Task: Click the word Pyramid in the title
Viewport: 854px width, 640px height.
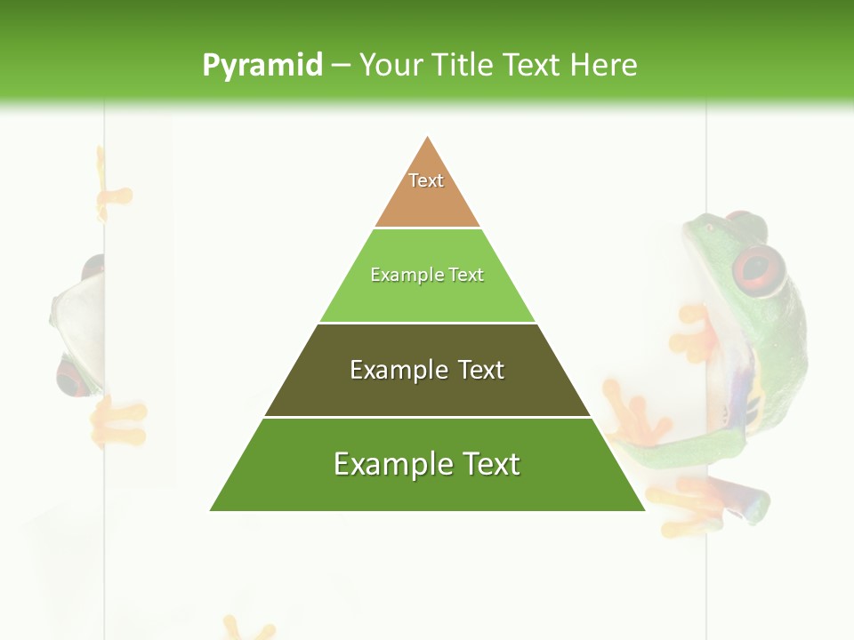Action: (262, 66)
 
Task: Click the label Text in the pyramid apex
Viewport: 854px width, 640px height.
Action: (426, 180)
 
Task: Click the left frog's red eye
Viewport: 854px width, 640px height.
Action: (71, 377)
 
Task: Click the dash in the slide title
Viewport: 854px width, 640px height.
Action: (341, 66)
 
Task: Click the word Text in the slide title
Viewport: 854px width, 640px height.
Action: (531, 66)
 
